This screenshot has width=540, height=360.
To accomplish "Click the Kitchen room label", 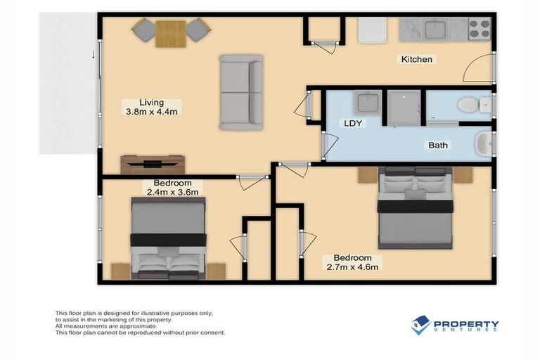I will pyautogui.click(x=416, y=59).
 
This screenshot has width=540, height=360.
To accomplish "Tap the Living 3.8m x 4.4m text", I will pyautogui.click(x=150, y=106).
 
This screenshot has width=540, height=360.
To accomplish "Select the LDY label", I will pyautogui.click(x=352, y=123).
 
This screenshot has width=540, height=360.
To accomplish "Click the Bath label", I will pyautogui.click(x=439, y=146).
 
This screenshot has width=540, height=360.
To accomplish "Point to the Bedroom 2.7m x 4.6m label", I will pyautogui.click(x=352, y=262).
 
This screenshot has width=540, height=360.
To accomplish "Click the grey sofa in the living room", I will pyautogui.click(x=240, y=92).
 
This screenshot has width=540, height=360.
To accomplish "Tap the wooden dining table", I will pyautogui.click(x=170, y=33).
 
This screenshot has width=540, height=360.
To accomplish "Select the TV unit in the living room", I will pyautogui.click(x=153, y=164).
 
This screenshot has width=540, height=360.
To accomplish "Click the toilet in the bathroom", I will pyautogui.click(x=471, y=105).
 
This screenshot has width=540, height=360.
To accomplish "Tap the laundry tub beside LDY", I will pyautogui.click(x=367, y=104).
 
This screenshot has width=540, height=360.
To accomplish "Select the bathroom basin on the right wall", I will pyautogui.click(x=482, y=145).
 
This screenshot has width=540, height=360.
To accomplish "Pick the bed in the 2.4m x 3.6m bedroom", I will pyautogui.click(x=169, y=239).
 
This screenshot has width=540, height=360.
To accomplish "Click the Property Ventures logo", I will pyautogui.click(x=455, y=326).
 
